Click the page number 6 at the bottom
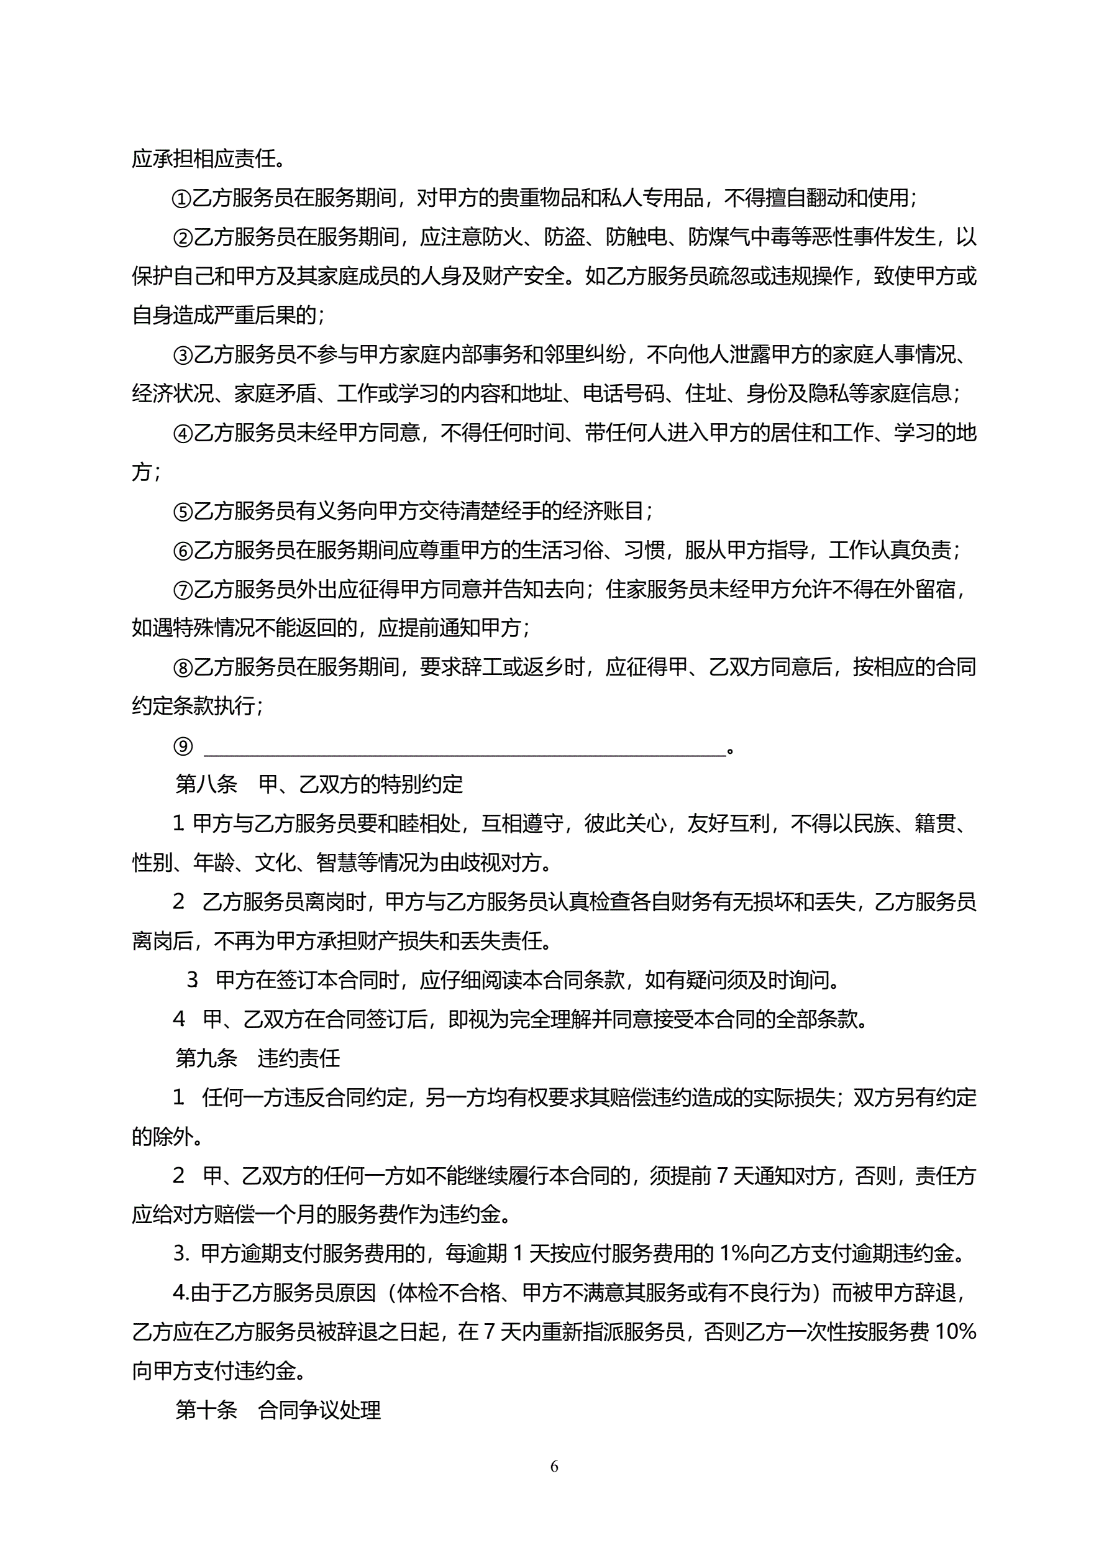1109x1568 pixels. coord(554,1466)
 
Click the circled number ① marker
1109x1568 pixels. coord(181,199)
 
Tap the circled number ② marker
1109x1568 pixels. coord(181,237)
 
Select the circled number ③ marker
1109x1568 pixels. coord(181,355)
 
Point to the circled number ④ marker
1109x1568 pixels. coord(181,434)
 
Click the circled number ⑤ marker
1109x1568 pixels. coord(181,511)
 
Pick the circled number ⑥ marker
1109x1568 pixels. coord(181,551)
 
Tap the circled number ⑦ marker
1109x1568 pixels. coord(181,589)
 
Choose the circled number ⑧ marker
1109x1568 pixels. coord(181,667)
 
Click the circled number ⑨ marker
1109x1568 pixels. coord(182,746)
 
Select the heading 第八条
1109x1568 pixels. coord(206,785)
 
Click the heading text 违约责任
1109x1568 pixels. coord(298,1058)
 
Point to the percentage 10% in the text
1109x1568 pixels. coord(955,1332)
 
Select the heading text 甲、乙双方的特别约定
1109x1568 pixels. coord(360,785)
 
